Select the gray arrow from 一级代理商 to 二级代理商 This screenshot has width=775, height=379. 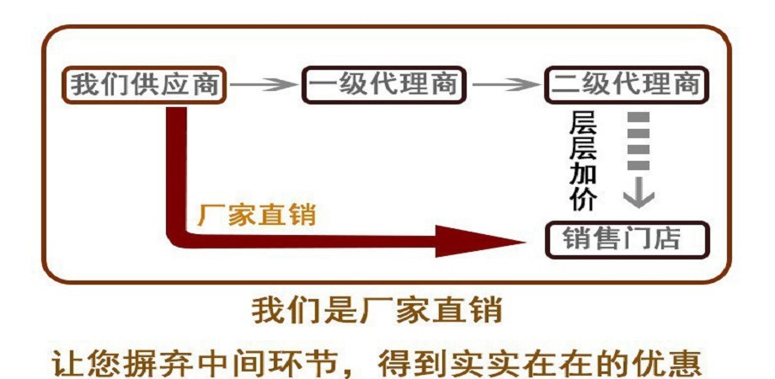point(505,84)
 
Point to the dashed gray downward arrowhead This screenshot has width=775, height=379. point(640,198)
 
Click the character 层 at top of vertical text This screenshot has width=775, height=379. point(583,123)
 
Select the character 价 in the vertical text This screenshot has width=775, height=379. point(583,200)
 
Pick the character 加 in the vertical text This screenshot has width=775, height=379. point(583,174)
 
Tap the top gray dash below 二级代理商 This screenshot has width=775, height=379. point(640,117)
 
